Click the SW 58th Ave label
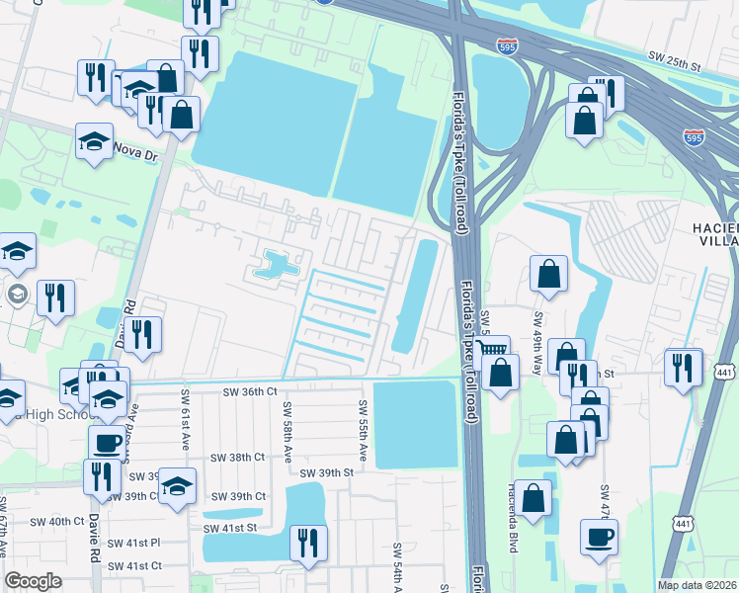(287, 432)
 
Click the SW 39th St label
(327, 472)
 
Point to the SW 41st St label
(229, 529)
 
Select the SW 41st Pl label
(134, 543)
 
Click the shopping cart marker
(491, 351)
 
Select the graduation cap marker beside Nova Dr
(94, 140)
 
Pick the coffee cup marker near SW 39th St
(107, 442)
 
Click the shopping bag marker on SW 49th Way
(548, 274)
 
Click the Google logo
(34, 581)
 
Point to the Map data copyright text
(698, 585)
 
